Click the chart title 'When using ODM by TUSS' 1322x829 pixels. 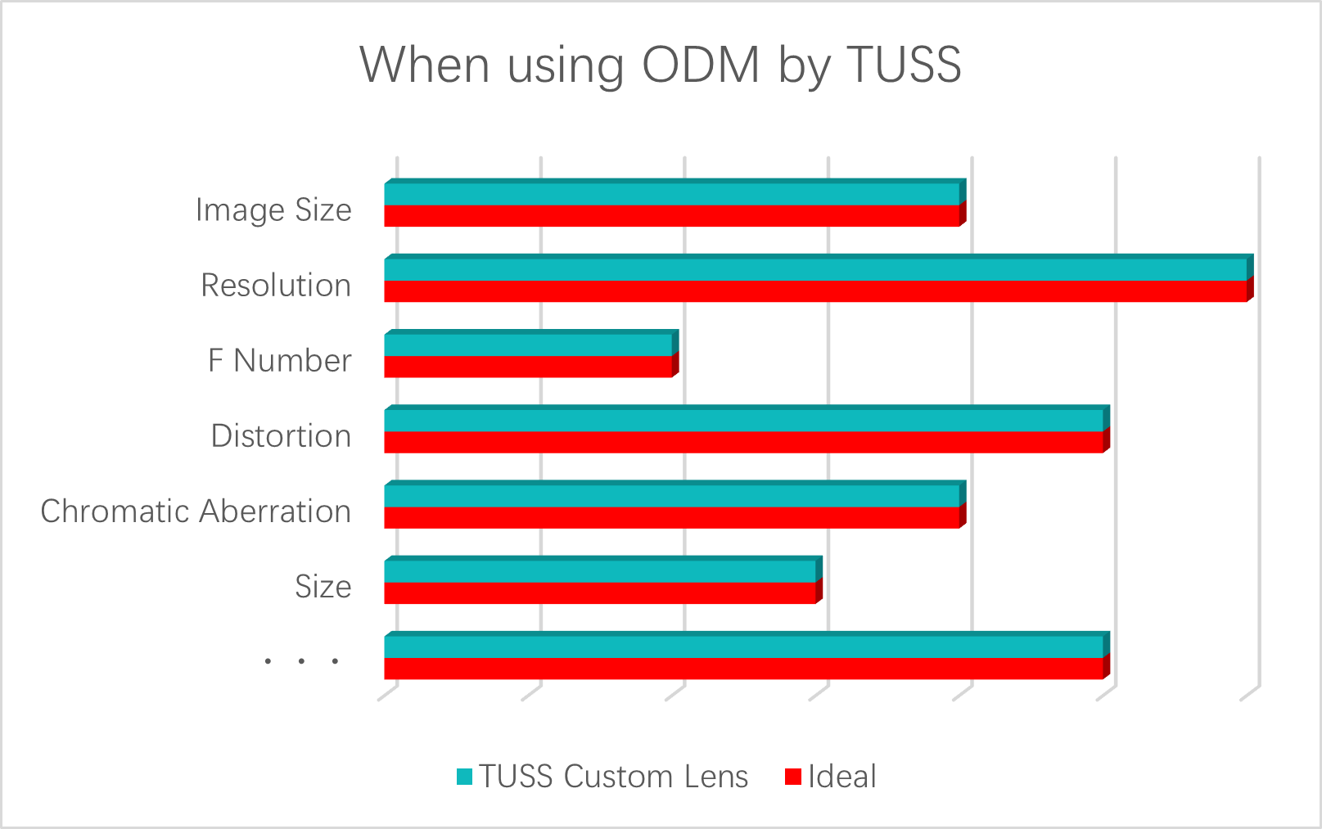point(661,65)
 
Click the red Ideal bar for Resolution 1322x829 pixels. point(819,291)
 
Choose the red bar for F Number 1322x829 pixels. point(531,367)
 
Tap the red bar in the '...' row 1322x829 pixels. point(747,669)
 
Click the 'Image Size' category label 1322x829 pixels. point(273,210)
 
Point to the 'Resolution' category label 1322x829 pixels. point(276,286)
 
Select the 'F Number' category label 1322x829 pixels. point(279,361)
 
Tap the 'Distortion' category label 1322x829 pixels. point(281,436)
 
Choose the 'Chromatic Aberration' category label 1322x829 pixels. point(196,511)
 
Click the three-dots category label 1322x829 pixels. point(301,661)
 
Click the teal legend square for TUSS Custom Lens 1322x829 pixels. point(464,777)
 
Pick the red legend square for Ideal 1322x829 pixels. point(792,777)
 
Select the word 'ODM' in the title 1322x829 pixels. point(701,65)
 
